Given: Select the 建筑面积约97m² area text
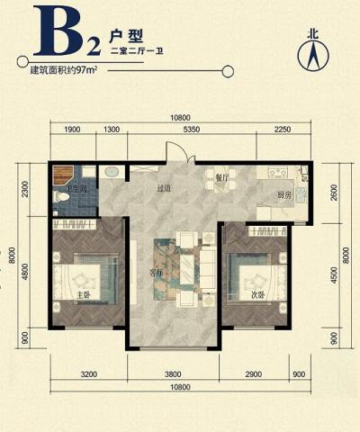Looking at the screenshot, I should tap(63, 69).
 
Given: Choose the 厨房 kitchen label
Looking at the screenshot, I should tap(284, 194).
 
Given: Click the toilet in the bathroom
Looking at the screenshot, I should tap(63, 196).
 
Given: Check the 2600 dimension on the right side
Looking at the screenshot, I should tap(334, 193).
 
